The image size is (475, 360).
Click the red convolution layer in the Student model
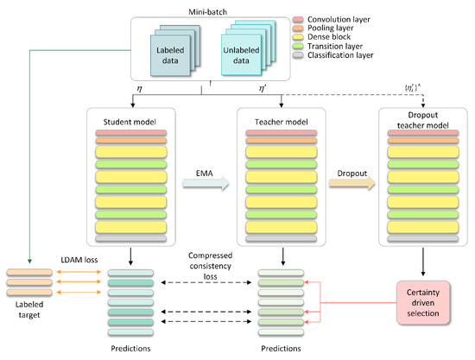[130, 132]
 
